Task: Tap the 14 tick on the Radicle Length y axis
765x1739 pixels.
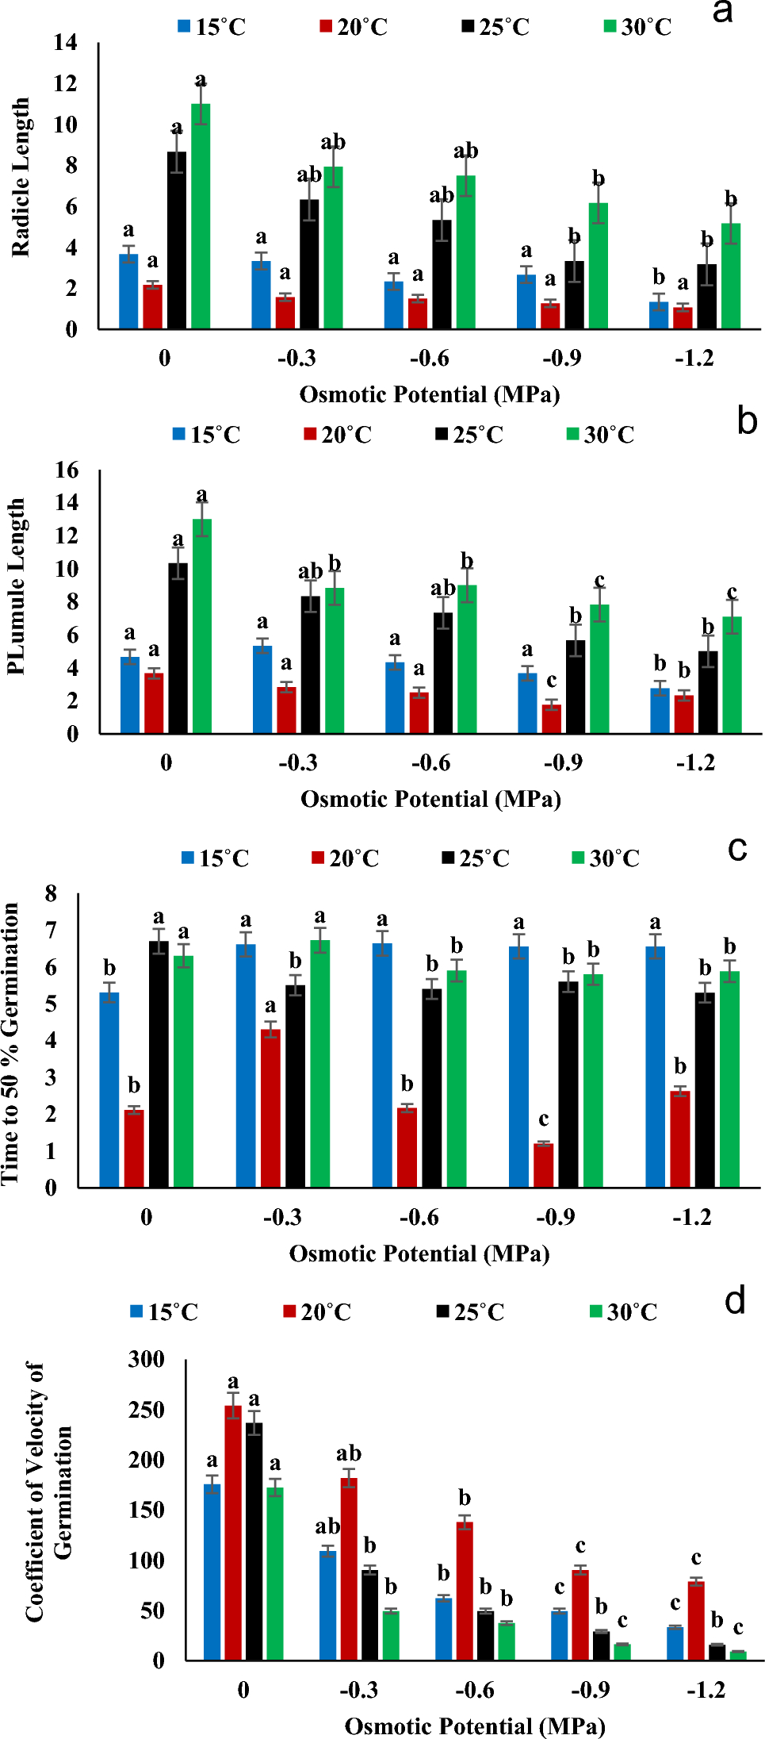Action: [x=66, y=42]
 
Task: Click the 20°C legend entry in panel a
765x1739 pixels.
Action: [x=354, y=27]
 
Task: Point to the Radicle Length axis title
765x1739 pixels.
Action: [x=21, y=178]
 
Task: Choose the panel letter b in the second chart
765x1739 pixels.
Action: [x=747, y=420]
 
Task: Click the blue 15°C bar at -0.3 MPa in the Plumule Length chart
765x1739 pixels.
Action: [x=262, y=689]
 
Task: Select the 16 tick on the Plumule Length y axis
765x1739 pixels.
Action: [x=67, y=470]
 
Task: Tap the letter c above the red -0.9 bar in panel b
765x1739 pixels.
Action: [x=551, y=681]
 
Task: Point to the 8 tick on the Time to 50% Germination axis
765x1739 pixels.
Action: [x=51, y=894]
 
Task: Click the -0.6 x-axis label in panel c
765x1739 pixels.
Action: [x=419, y=1217]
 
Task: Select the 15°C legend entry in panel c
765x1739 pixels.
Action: [x=216, y=858]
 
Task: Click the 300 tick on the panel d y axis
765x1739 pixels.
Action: [x=147, y=1359]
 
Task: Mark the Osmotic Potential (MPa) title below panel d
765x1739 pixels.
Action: [x=474, y=1726]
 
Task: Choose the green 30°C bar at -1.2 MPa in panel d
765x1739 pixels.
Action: [x=738, y=1656]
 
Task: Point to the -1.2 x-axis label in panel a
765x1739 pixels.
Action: [x=694, y=359]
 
